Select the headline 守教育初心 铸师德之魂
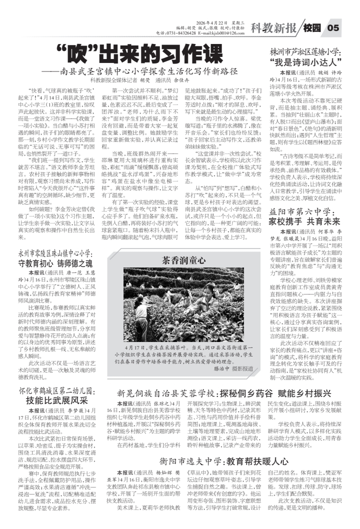[55, 263]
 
